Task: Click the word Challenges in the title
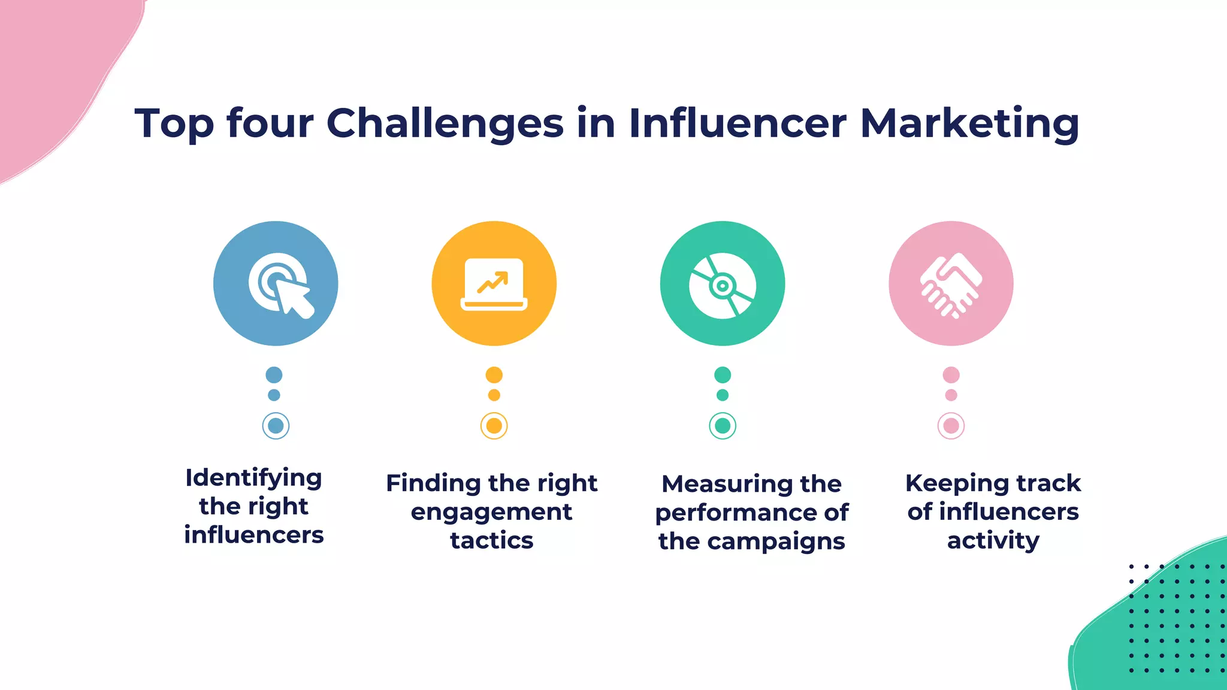[x=445, y=123]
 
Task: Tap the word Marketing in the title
[x=969, y=123]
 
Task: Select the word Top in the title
[x=174, y=125]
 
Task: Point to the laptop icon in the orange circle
[x=494, y=284]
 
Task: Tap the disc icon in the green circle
[x=723, y=285]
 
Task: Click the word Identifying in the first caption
[x=254, y=479]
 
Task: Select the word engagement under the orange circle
[x=491, y=513]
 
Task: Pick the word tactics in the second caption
[x=491, y=540]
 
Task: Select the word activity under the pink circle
[x=993, y=541]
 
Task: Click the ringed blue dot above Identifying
[x=276, y=426]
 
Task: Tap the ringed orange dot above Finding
[x=494, y=426]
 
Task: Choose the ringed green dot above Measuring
[x=723, y=426]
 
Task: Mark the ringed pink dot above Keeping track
[x=951, y=426]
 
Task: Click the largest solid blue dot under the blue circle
[x=274, y=375]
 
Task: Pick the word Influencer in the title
[x=738, y=123]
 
